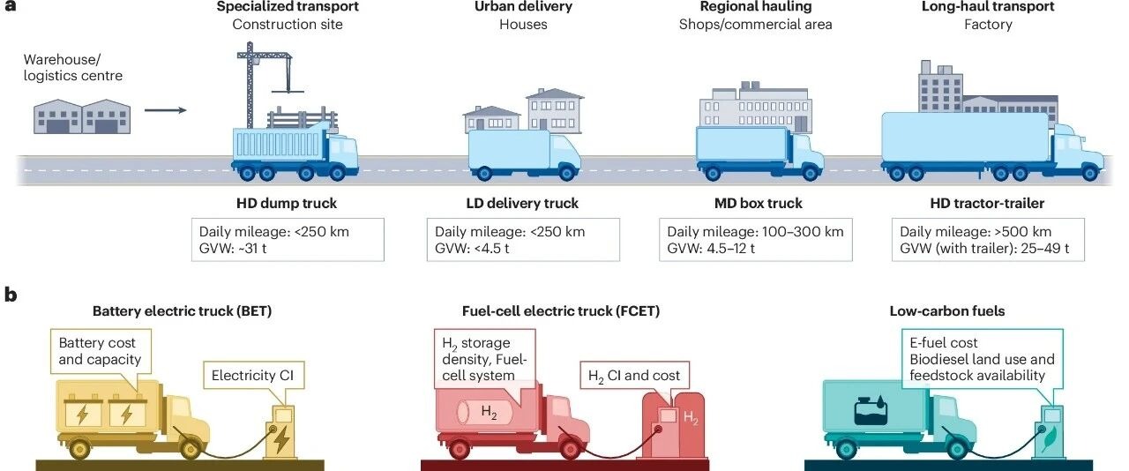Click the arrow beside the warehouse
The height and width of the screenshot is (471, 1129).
click(x=165, y=110)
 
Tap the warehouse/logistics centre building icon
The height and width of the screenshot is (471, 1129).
click(x=82, y=116)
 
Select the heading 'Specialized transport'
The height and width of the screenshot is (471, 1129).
click(x=288, y=7)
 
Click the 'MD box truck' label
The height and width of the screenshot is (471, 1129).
click(x=758, y=204)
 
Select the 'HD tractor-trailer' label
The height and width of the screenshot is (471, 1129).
click(x=988, y=204)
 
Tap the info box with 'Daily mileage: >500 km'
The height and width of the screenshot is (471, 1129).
click(x=988, y=240)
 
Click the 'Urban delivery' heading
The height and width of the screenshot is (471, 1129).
click(x=524, y=7)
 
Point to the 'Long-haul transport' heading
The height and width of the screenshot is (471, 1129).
click(x=988, y=7)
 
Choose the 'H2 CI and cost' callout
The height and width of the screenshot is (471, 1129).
click(x=633, y=376)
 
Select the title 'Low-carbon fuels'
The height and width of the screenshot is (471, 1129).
click(x=947, y=311)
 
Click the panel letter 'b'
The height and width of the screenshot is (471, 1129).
click(x=11, y=295)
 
